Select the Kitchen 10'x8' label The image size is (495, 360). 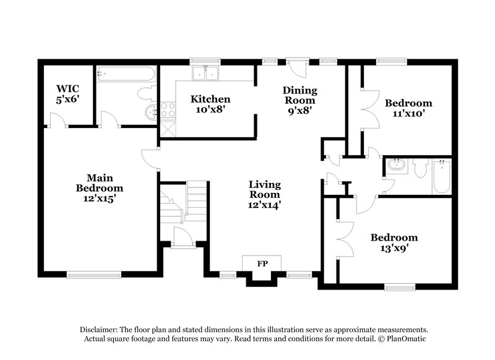coord(210,105)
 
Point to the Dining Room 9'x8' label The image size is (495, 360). coord(299,100)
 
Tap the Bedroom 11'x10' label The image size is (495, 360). coord(408,108)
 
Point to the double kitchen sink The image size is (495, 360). coord(205,74)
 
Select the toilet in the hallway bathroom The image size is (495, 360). coord(421,168)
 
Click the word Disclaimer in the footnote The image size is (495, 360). coord(100,330)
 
